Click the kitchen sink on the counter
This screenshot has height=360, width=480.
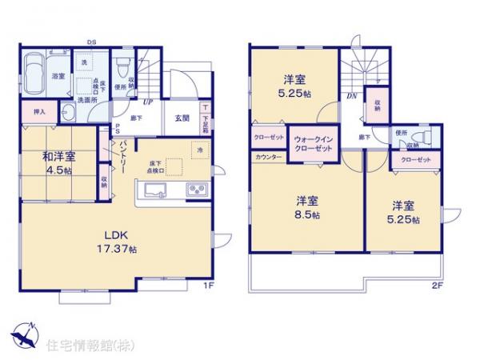pyautogui.click(x=154, y=190)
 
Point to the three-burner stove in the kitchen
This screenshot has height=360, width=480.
pyautogui.click(x=197, y=190)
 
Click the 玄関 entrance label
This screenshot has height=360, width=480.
pyautogui.click(x=182, y=118)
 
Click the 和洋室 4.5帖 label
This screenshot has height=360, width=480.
pyautogui.click(x=58, y=162)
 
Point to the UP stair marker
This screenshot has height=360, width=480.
pyautogui.click(x=149, y=102)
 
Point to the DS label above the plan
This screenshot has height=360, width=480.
pyautogui.click(x=93, y=43)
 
